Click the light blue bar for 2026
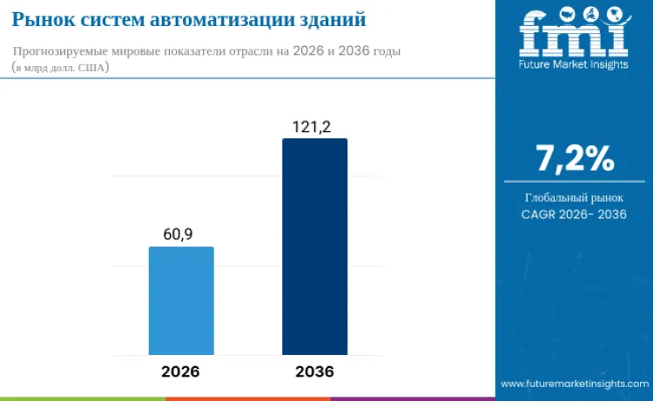(181, 300)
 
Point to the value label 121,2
(312, 127)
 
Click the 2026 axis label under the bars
(180, 371)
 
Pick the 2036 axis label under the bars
(314, 371)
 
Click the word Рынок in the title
(39, 19)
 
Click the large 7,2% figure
(575, 158)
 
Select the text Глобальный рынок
(574, 197)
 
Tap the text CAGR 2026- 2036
(574, 214)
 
